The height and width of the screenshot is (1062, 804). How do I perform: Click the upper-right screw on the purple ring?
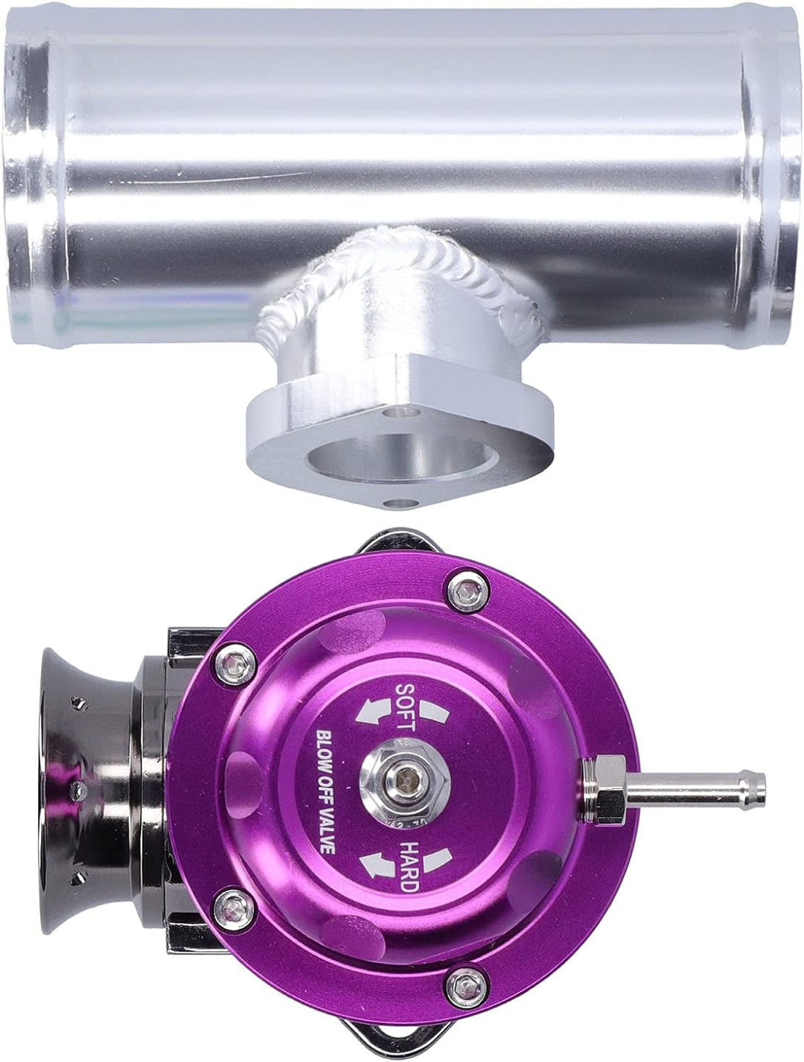pyautogui.click(x=467, y=593)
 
